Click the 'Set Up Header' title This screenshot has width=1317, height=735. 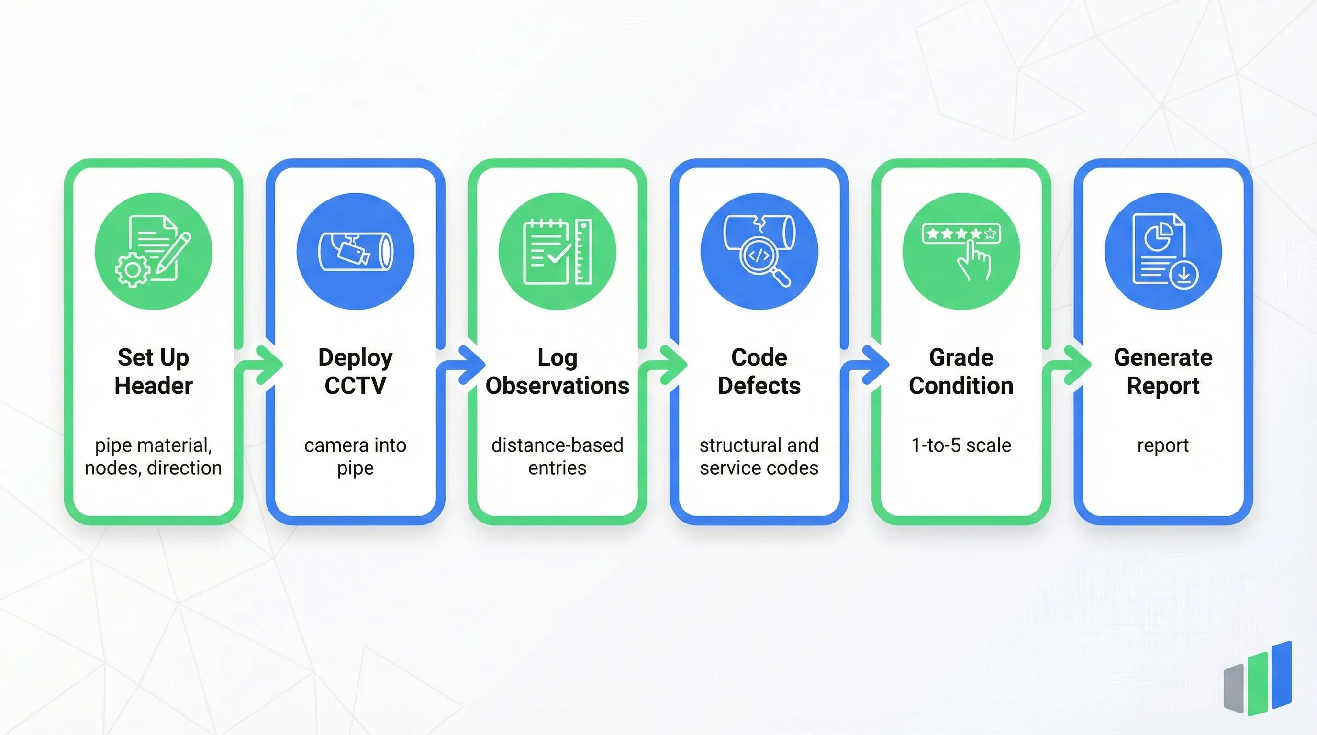pyautogui.click(x=153, y=371)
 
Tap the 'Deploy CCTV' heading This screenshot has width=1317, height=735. pyautogui.click(x=355, y=371)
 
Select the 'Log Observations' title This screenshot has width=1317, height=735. pyautogui.click(x=557, y=371)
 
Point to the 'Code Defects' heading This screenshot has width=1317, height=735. pyautogui.click(x=759, y=371)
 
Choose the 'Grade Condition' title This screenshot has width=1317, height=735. pyautogui.click(x=961, y=371)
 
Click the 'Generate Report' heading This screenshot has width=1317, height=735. pyautogui.click(x=1163, y=371)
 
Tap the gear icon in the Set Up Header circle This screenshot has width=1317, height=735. pyautogui.click(x=132, y=269)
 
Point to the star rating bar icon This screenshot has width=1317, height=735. pyautogui.click(x=961, y=234)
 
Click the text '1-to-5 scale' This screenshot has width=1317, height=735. pyautogui.click(x=961, y=445)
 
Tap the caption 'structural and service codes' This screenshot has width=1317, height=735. pyautogui.click(x=759, y=457)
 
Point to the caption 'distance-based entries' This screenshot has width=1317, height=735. pyautogui.click(x=557, y=457)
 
